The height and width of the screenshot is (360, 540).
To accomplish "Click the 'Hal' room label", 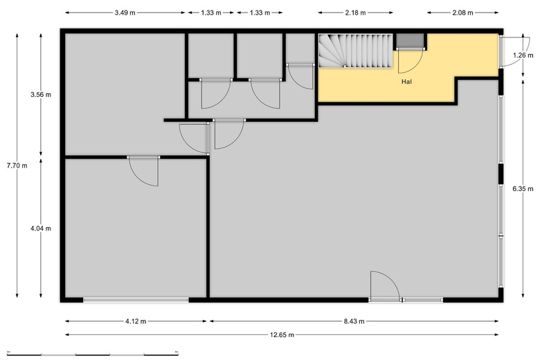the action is pyautogui.click(x=406, y=82).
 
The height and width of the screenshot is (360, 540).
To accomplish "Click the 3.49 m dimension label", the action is pyautogui.click(x=125, y=13).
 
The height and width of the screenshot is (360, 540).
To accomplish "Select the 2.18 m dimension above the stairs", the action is pyautogui.click(x=355, y=13).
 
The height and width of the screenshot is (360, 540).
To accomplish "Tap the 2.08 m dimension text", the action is pyautogui.click(x=462, y=13).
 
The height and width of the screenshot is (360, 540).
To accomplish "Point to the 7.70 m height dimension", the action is pyautogui.click(x=17, y=165).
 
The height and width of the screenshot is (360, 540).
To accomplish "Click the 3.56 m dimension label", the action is pyautogui.click(x=41, y=95).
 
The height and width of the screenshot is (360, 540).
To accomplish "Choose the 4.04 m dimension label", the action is pyautogui.click(x=41, y=228).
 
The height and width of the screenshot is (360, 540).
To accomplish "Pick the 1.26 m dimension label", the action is pyautogui.click(x=523, y=55).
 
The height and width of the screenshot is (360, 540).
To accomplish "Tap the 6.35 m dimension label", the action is pyautogui.click(x=523, y=189).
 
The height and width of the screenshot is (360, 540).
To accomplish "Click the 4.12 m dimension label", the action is pyautogui.click(x=135, y=321).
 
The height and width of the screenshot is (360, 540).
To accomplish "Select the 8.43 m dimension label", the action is pyautogui.click(x=354, y=321).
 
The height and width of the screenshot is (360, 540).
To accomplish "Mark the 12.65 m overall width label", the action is pyautogui.click(x=282, y=335).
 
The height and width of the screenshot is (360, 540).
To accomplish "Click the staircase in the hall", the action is pyautogui.click(x=355, y=51).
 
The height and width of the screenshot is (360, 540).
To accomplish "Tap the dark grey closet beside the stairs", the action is pyautogui.click(x=410, y=41).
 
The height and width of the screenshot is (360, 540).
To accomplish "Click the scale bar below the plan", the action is pyautogui.click(x=93, y=354).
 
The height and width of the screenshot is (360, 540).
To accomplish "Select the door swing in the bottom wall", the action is pyautogui.click(x=385, y=286).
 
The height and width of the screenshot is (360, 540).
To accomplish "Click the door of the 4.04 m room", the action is pyautogui.click(x=144, y=171).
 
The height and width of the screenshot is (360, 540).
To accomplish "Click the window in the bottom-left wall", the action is pyautogui.click(x=136, y=300).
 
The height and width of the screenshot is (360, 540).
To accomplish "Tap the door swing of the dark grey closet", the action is pyautogui.click(x=411, y=61).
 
